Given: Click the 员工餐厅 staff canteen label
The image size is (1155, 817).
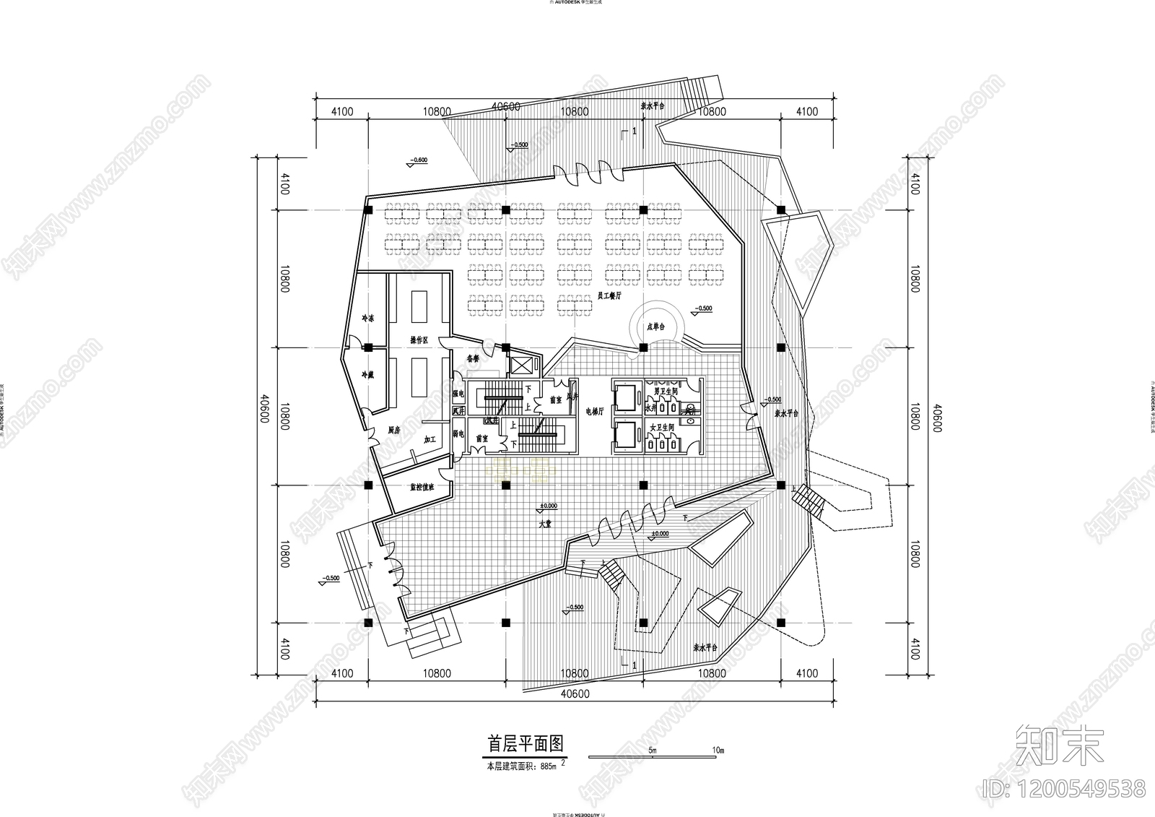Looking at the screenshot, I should click(x=610, y=296).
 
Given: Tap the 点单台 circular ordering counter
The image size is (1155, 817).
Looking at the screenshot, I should click(x=655, y=327).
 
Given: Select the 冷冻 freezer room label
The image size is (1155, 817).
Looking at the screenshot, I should click(x=368, y=319).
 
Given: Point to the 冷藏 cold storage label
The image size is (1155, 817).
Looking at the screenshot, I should click(x=368, y=375).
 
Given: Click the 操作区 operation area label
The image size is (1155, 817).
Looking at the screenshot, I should click(x=419, y=340).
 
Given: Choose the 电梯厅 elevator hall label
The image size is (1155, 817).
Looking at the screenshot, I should click(x=594, y=411).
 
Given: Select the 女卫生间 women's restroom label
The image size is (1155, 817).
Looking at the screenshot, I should click(x=661, y=428).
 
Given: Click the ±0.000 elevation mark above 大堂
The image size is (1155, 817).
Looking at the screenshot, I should click(x=549, y=506).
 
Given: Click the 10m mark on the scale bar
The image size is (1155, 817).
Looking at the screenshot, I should click(x=717, y=751).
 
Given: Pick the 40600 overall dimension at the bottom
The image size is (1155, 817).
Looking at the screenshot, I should click(x=575, y=694).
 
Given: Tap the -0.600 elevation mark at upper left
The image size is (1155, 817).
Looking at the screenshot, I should click(x=418, y=160).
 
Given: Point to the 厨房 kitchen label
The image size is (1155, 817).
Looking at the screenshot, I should click(x=393, y=430).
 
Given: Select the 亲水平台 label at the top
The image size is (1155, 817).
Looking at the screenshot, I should click(x=652, y=105).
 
